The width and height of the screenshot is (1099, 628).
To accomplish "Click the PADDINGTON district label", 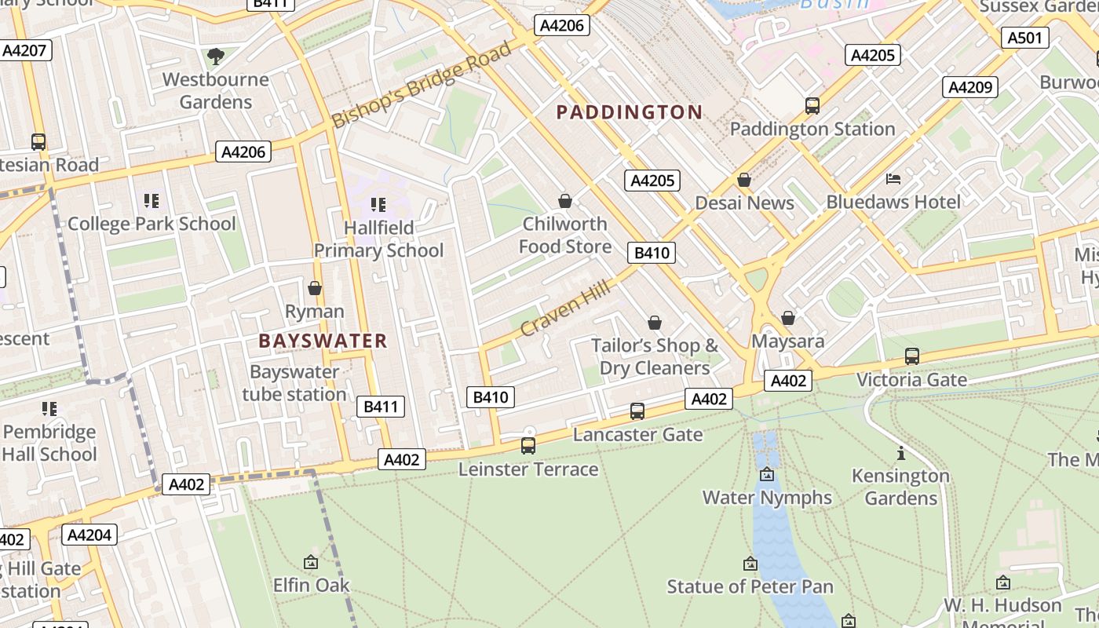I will point(629,112).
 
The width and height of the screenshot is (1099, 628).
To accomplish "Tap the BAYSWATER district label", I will point(323,341).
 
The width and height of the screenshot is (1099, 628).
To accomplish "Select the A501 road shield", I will point(1025,38).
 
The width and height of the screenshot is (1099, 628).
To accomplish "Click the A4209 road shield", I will point(970,87).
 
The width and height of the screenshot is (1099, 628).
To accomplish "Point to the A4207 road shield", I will point(25,51).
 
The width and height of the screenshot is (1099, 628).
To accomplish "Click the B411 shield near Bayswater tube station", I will point(382,407).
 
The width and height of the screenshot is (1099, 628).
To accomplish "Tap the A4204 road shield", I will point(90,535).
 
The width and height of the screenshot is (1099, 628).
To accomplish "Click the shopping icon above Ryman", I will point(315,289).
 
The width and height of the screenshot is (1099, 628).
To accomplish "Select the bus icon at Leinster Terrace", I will point(528,446).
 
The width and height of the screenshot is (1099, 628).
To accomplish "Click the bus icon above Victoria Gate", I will point(911,356).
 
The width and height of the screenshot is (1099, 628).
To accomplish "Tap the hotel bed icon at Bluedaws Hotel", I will point(893,179).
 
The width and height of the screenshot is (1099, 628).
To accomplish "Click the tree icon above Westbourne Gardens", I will point(215,56).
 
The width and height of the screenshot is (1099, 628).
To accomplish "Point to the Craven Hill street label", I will point(564,310).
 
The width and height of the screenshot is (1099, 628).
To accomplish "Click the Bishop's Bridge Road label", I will point(422,86).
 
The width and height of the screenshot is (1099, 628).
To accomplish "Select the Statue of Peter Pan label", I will point(750,586).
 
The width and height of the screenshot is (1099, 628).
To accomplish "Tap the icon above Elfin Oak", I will point(311,562).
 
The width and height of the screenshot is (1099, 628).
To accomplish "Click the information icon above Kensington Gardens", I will point(900,453).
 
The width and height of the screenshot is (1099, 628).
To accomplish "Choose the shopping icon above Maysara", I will point(788,318).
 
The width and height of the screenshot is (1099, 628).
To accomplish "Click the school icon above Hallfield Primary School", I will point(378,205).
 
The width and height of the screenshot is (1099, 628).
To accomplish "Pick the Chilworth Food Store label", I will point(564,235).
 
